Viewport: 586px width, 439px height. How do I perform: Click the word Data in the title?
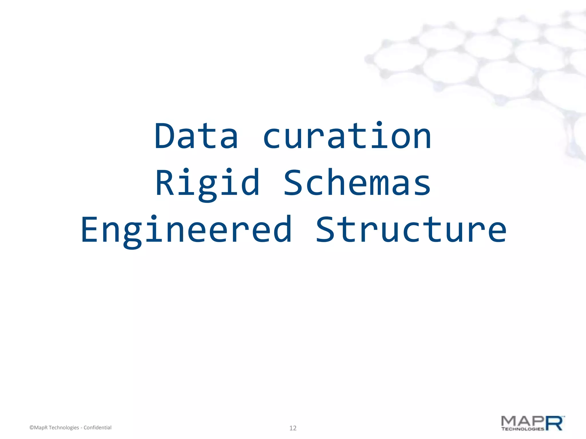[x=196, y=136]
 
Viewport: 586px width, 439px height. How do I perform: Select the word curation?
[x=347, y=136]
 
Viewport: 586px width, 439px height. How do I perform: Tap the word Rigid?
[x=207, y=183]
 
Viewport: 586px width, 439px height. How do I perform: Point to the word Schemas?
[x=357, y=183]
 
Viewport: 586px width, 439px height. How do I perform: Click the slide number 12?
[x=293, y=428]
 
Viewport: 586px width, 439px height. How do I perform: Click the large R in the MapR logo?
[x=555, y=423]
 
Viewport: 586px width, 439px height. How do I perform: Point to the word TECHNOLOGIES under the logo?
[x=522, y=429]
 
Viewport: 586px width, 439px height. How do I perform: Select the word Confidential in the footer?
[x=97, y=428]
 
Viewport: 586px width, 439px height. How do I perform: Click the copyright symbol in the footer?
[x=31, y=428]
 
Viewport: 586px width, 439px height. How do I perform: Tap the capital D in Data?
[x=164, y=136]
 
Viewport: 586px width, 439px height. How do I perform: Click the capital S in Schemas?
[x=294, y=183]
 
